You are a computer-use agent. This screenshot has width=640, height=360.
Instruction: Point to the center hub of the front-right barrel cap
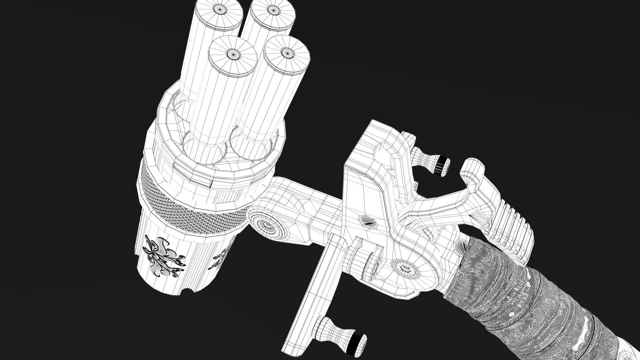point(285,52)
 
